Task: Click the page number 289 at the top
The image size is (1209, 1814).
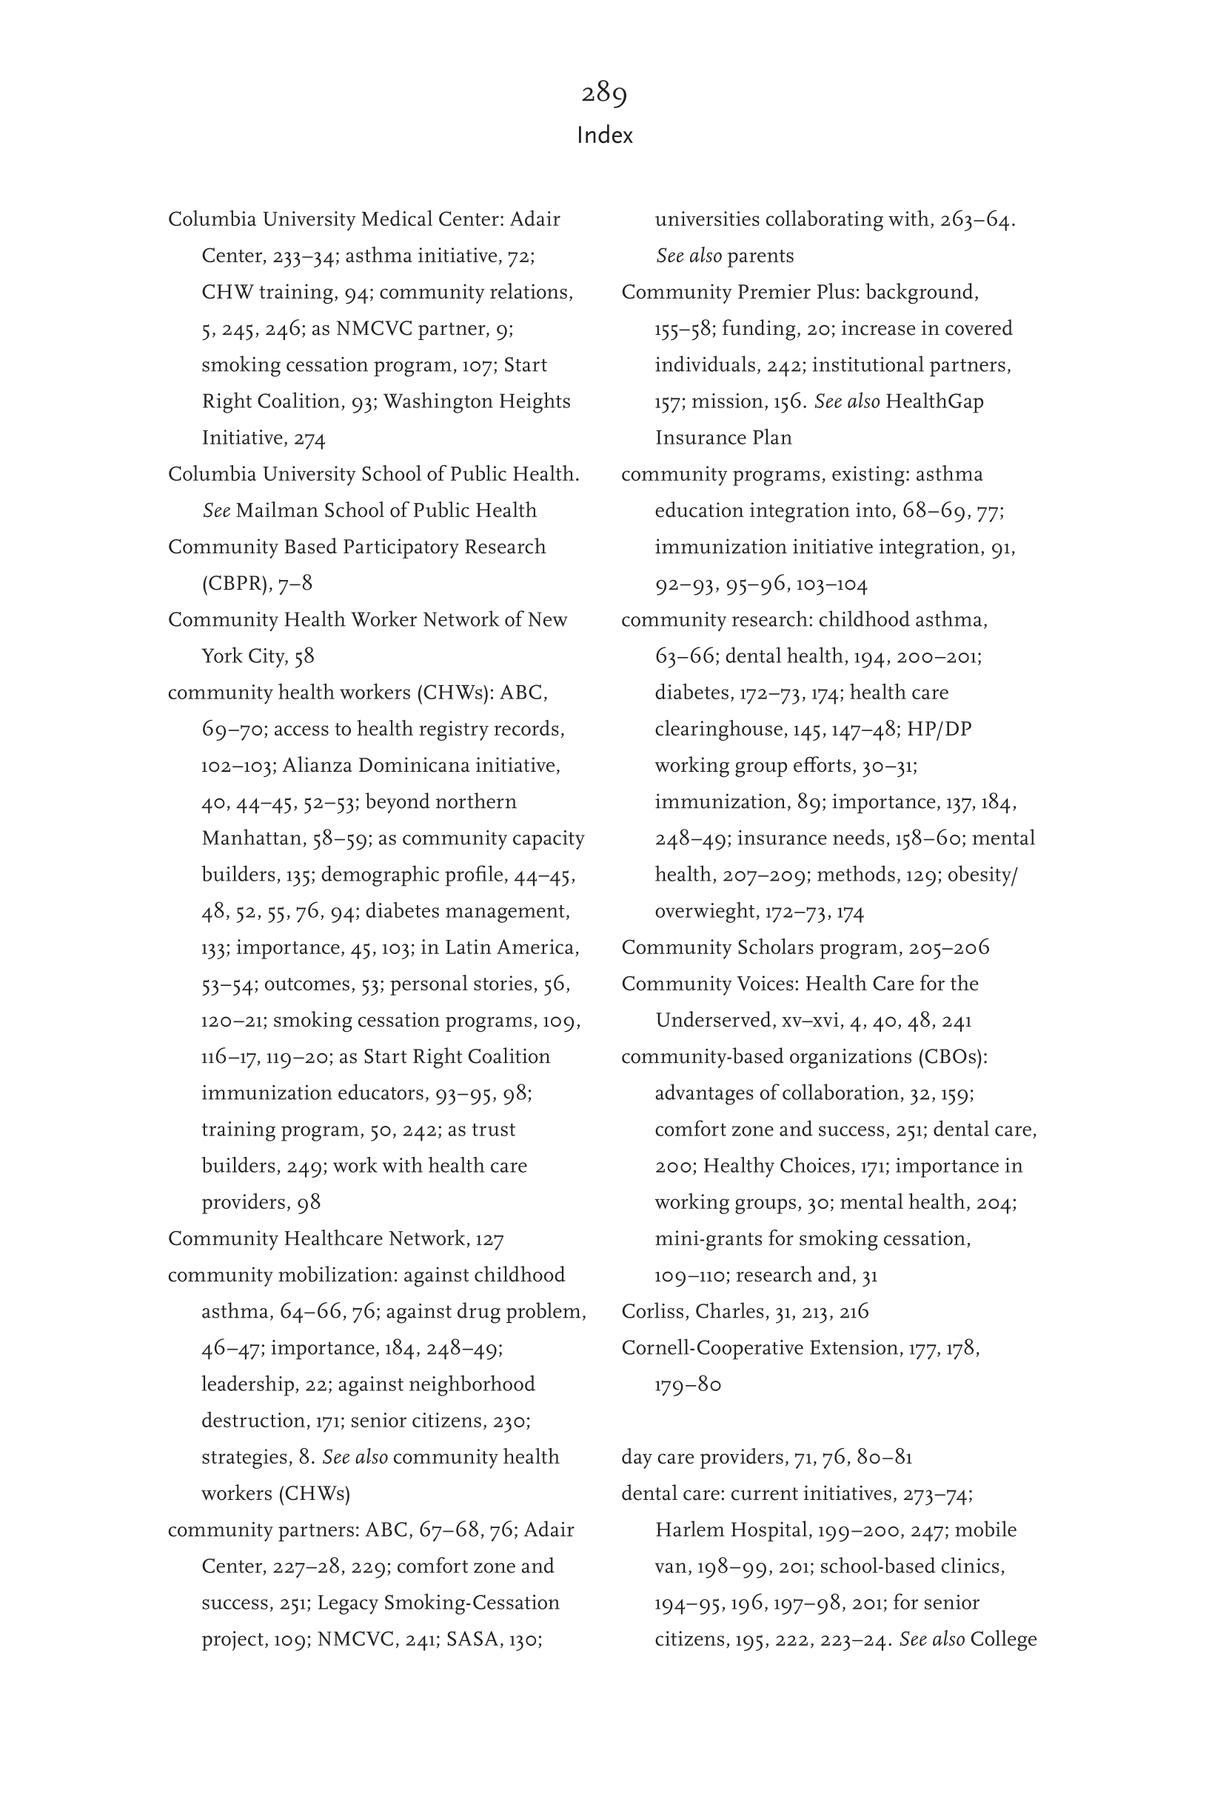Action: [x=603, y=93]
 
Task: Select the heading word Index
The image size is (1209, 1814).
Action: [x=604, y=136]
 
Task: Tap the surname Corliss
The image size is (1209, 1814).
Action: [x=652, y=1311]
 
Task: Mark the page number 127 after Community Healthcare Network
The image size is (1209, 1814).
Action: [x=489, y=1239]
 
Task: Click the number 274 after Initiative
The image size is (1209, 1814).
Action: [x=309, y=439]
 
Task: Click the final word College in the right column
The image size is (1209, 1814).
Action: [x=1003, y=1639]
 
